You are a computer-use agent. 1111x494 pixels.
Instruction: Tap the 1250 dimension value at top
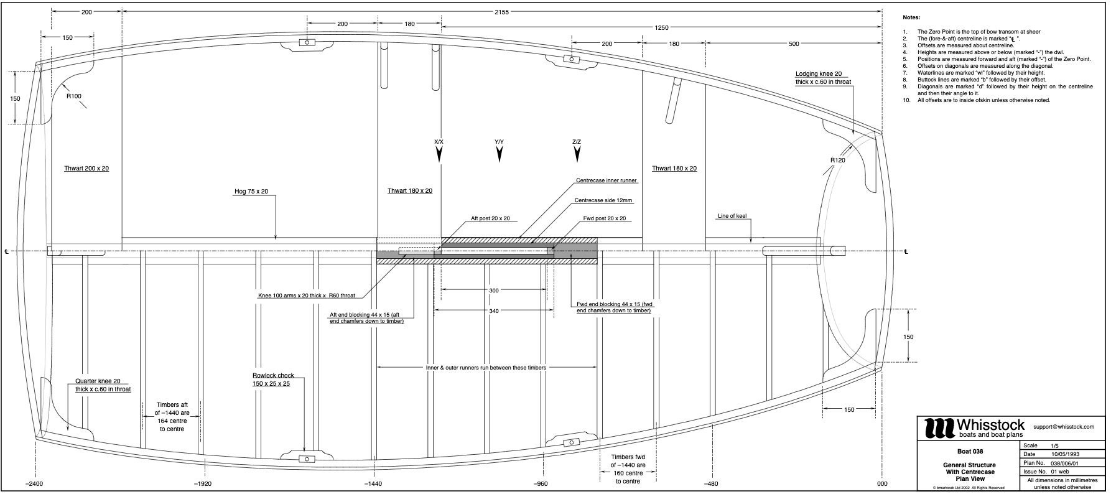661,27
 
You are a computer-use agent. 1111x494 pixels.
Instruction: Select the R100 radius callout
74,96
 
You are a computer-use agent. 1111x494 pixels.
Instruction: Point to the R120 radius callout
838,160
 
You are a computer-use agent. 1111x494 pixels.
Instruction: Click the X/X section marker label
439,142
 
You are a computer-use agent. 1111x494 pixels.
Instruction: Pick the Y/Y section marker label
499,142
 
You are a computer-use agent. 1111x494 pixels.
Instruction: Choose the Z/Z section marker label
577,142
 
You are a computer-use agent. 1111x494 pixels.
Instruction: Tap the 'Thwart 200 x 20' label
86,169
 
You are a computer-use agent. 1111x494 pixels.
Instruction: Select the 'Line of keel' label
732,217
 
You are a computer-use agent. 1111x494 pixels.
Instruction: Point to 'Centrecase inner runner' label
607,180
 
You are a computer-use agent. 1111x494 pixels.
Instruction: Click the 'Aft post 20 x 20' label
490,218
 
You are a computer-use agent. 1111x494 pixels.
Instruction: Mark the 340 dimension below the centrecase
493,310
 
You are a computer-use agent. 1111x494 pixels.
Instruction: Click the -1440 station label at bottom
373,483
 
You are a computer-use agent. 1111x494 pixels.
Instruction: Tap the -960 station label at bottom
541,483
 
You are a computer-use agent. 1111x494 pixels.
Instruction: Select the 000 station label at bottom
882,483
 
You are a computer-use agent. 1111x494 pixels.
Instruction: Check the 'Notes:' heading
911,18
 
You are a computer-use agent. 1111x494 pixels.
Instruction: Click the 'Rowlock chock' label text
273,376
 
